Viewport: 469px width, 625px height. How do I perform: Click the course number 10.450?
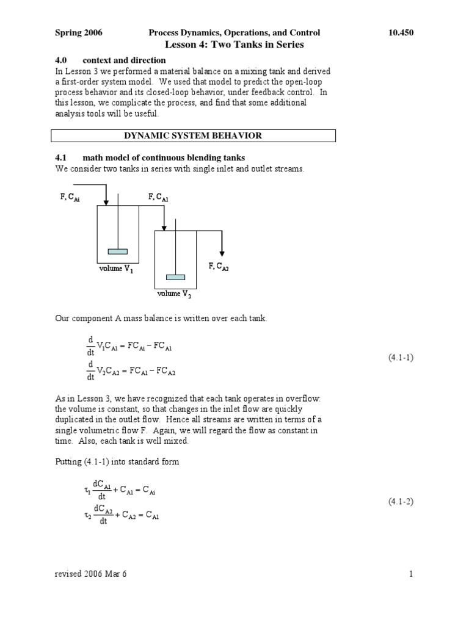coord(401,33)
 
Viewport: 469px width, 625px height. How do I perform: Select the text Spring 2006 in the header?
coord(79,33)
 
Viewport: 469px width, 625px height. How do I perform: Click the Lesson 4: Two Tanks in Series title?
coord(234,45)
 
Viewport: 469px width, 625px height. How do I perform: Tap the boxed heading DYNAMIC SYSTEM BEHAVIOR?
coord(193,135)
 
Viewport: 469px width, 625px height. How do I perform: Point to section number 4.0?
coord(60,60)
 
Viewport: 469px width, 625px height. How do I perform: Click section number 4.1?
coord(60,158)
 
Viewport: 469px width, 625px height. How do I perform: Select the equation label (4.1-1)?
coord(401,358)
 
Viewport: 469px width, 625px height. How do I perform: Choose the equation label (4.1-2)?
coord(401,502)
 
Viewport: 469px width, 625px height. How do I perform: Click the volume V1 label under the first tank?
coord(117,270)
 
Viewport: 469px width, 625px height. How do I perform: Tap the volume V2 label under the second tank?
coord(174,294)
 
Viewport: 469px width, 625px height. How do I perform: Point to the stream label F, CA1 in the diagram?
coord(158,197)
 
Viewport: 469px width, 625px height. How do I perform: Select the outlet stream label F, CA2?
coord(219,266)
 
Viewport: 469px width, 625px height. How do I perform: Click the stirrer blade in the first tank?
coord(117,251)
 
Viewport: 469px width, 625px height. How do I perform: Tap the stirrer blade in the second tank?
coord(175,276)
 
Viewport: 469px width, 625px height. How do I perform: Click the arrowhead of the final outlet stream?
coord(222,252)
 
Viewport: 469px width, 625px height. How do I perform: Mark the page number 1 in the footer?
coord(412,574)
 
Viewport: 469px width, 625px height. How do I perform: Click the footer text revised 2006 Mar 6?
coord(91,574)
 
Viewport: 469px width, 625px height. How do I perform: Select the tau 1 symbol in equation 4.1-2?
coord(87,491)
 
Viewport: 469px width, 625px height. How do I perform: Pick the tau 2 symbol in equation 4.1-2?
coord(87,515)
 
